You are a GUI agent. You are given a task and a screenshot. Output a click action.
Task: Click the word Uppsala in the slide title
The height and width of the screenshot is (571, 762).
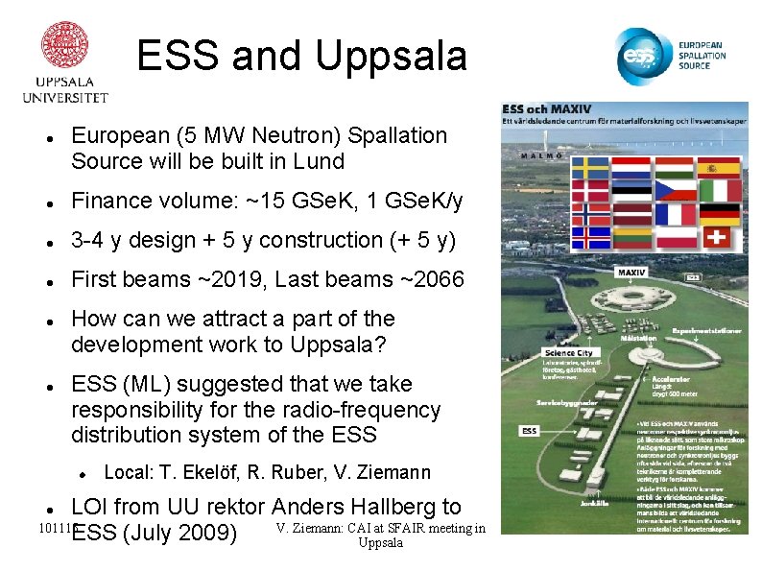pyautogui.click(x=391, y=57)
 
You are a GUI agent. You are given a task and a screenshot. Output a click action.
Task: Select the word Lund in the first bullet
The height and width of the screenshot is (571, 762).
pyautogui.click(x=320, y=161)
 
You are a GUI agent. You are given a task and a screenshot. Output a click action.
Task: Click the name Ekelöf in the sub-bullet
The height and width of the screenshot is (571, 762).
pyautogui.click(x=209, y=472)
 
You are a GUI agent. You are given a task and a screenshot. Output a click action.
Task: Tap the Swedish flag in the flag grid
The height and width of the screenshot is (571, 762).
pyautogui.click(x=590, y=168)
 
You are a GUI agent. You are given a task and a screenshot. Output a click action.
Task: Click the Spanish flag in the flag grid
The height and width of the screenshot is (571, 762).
pyautogui.click(x=718, y=168)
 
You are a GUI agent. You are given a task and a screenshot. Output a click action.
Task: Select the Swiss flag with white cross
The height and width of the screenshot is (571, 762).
pyautogui.click(x=718, y=236)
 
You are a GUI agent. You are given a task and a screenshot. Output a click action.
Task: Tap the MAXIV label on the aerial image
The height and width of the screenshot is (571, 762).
pyautogui.click(x=631, y=273)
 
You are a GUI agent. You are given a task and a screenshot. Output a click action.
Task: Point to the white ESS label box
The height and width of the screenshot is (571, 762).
pyautogui.click(x=529, y=431)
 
